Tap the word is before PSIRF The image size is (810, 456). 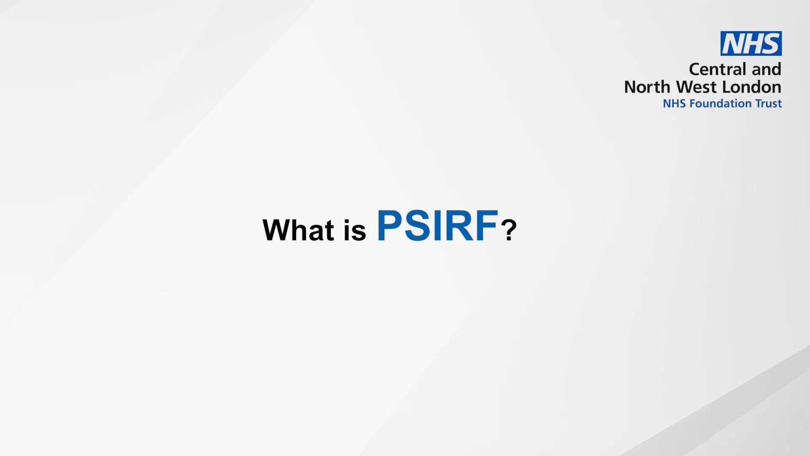coord(355,231)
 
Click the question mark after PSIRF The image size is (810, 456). coord(509,230)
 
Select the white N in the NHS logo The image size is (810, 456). coord(733,43)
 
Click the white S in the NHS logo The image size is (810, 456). coord(771,43)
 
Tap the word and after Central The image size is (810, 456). coord(767,69)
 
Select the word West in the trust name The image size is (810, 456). coord(697,87)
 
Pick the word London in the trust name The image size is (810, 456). coord(752,87)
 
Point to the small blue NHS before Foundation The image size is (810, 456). coord(674,103)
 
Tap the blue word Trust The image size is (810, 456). coord(768,103)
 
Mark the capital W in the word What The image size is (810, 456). coord(276,230)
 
